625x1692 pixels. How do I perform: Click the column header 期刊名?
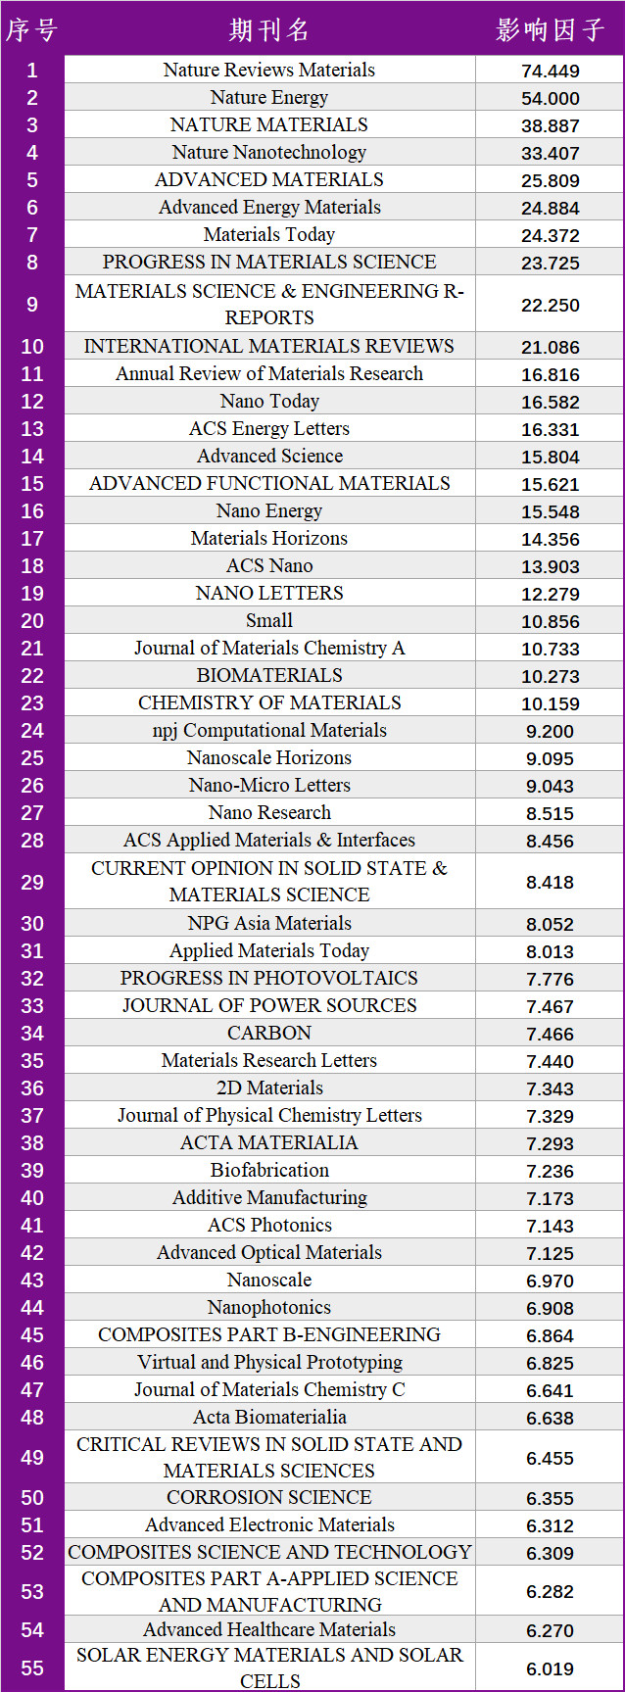coord(269,29)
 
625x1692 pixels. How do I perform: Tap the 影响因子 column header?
coord(550,29)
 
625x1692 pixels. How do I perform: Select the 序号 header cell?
coord(31,29)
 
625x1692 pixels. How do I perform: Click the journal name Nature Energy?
coord(269,97)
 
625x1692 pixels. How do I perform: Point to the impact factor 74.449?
coord(550,71)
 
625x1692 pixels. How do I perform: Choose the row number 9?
coord(31,304)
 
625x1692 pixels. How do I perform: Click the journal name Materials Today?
coord(269,234)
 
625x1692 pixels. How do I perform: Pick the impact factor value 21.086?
coord(550,347)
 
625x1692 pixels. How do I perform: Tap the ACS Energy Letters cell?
coord(269,428)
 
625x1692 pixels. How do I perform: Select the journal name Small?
coord(269,620)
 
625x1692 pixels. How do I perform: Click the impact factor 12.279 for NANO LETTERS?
coord(550,594)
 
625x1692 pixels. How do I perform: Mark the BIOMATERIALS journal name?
coord(269,675)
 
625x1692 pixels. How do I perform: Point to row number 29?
coord(31,882)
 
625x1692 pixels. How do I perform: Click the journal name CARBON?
coord(269,1033)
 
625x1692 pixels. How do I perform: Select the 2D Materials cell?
coord(269,1088)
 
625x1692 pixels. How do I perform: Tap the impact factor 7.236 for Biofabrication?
coord(550,1171)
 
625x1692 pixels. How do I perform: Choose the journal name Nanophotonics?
coord(269,1307)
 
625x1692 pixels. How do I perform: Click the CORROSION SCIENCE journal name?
coord(269,1497)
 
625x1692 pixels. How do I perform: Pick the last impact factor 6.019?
coord(550,1668)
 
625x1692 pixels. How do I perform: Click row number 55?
coord(31,1668)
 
